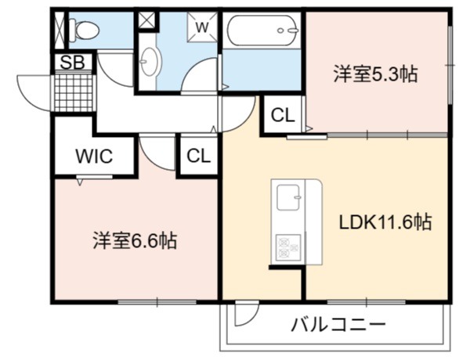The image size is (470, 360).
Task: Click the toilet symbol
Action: click(x=84, y=30)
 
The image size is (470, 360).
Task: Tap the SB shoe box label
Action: click(x=73, y=63)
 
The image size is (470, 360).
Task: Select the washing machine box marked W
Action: click(x=202, y=27)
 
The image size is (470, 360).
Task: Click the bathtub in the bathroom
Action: click(x=263, y=31)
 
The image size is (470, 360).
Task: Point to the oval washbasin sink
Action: click(x=150, y=61)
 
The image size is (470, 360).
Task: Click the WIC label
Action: click(x=94, y=156)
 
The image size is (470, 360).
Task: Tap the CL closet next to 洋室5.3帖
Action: click(x=283, y=115)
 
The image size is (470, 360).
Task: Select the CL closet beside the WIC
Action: click(x=198, y=156)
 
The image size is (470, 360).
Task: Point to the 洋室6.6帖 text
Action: click(x=135, y=240)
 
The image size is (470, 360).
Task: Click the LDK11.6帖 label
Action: click(x=385, y=222)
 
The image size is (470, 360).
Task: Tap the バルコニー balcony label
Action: click(x=338, y=324)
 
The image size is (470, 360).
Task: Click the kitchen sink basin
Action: click(x=288, y=198)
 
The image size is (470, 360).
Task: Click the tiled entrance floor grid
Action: click(x=74, y=93)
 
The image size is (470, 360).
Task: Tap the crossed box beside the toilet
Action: click(x=60, y=30)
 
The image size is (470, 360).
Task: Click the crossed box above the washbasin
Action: click(x=146, y=20)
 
